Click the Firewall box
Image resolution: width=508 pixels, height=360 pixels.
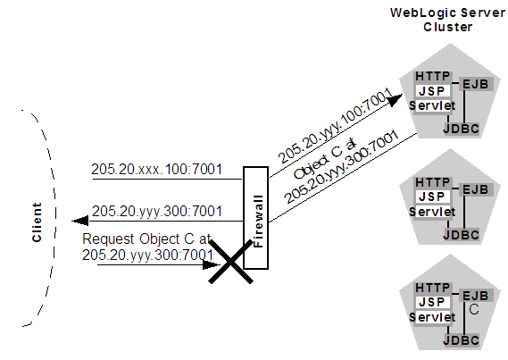coord(254,223)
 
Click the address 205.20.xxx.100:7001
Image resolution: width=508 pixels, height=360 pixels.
coord(157,169)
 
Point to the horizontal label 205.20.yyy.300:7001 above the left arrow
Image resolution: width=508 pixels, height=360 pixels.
coord(157,211)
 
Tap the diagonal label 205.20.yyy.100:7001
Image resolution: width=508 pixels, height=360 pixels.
coord(329,131)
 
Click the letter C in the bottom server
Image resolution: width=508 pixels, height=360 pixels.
coord(474,309)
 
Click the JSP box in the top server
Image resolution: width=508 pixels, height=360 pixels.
coord(433,92)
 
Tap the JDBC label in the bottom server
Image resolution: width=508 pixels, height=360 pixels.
coord(461,340)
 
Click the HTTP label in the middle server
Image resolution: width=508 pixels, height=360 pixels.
coord(433,182)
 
